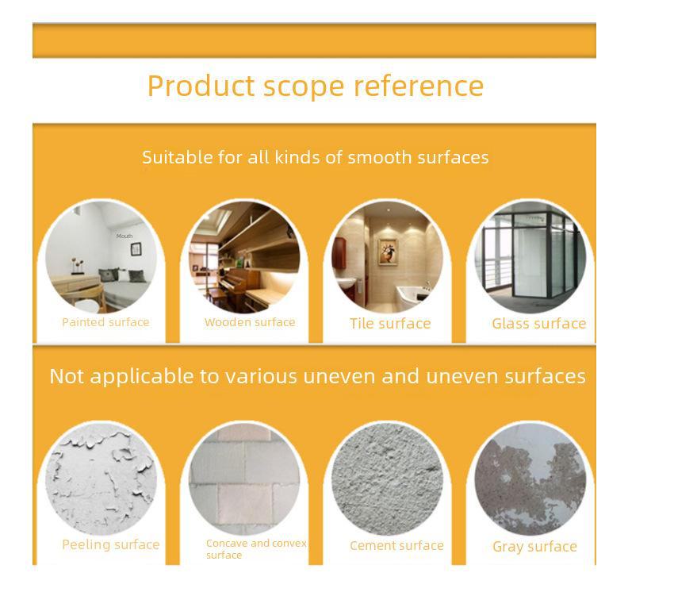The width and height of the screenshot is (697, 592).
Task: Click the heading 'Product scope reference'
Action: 315,86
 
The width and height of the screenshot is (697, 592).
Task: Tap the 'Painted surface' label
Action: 105,322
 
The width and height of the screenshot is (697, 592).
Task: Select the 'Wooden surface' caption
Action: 250,322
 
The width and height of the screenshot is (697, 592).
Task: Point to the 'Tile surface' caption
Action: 390,323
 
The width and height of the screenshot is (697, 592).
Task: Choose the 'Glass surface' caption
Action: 538,323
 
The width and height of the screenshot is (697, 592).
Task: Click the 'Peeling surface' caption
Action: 111,545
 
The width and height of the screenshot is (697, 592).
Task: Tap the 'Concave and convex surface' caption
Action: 256,549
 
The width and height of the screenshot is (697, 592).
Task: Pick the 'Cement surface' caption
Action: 396,545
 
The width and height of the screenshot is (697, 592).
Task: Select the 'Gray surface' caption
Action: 534,547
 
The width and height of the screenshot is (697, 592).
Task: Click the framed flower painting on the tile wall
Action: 388,252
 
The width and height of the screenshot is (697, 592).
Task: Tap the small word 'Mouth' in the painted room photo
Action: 124,236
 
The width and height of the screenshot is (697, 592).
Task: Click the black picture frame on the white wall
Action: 136,249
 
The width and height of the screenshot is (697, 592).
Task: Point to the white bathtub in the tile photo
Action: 412,296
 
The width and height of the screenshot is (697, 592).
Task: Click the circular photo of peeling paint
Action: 101,479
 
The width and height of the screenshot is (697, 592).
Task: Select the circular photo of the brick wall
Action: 244,479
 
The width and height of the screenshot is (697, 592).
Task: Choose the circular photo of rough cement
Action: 388,479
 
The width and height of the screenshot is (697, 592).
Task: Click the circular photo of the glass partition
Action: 530,258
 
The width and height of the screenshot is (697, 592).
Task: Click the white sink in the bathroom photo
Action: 346,283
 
